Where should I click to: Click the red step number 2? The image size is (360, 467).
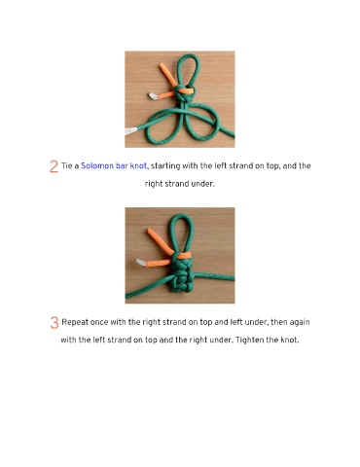(x=54, y=166)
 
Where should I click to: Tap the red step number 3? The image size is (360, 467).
(x=54, y=323)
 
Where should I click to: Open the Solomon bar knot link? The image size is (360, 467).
(x=114, y=166)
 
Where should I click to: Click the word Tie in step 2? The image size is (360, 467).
(x=66, y=166)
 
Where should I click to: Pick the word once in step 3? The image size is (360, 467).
(x=99, y=323)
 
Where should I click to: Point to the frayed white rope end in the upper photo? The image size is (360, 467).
(x=131, y=131)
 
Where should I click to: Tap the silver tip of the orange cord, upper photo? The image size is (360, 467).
(x=154, y=96)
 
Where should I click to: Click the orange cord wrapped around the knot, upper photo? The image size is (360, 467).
(x=185, y=90)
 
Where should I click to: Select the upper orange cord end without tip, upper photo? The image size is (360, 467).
(x=168, y=75)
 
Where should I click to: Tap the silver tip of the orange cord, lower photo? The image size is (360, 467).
(x=140, y=263)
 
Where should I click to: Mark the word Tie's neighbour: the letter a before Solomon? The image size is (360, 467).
(x=77, y=166)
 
